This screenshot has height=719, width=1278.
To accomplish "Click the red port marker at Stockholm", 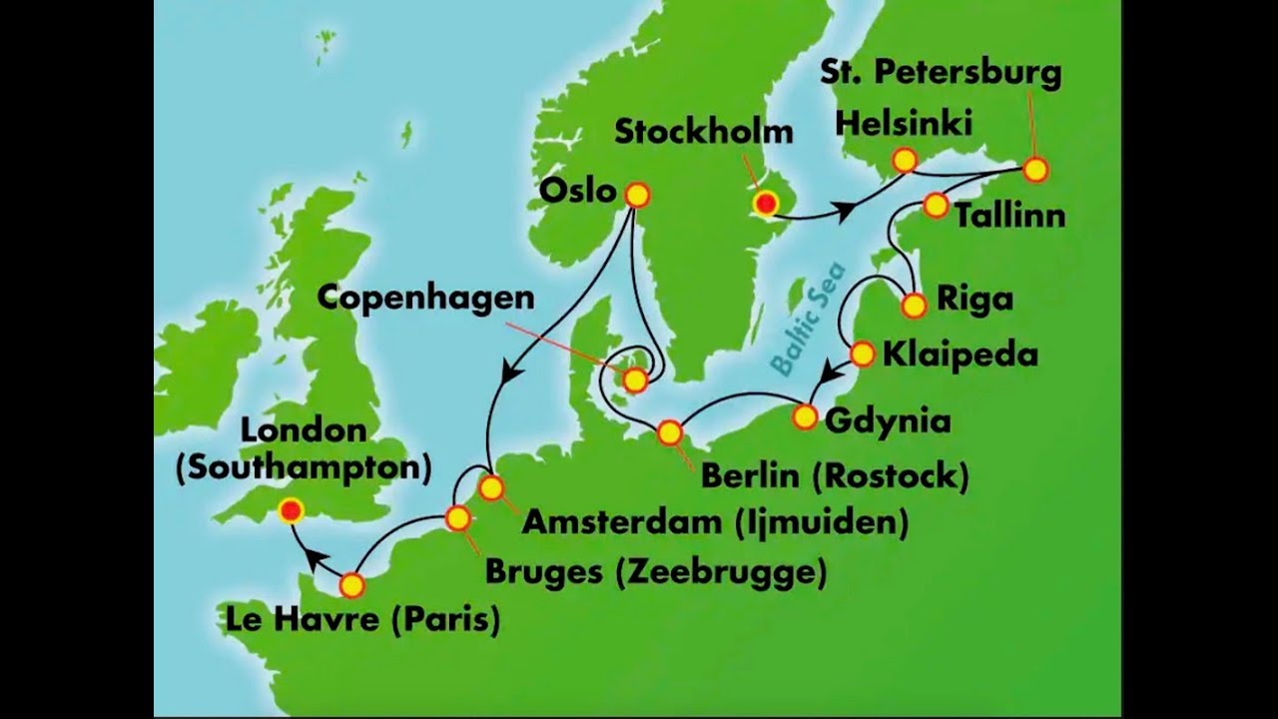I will click(766, 205).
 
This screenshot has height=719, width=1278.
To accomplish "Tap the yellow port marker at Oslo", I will click(636, 195).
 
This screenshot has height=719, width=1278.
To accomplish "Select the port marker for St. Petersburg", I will click(1035, 171).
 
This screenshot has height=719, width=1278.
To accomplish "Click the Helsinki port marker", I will click(905, 160).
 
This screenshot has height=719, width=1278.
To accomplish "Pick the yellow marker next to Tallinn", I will click(936, 206).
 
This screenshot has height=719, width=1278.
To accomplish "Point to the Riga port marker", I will click(914, 306).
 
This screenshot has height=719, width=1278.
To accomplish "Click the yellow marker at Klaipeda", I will click(863, 354).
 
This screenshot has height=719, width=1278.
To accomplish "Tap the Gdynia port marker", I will click(805, 417).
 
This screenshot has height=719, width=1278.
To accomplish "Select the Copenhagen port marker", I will click(635, 379).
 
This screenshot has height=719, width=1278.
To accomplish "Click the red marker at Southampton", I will click(291, 511).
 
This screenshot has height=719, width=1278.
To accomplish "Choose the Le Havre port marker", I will click(351, 585).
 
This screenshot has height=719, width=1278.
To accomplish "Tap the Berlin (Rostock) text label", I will click(835, 476).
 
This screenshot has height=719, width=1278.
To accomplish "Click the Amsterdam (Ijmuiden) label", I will click(715, 522).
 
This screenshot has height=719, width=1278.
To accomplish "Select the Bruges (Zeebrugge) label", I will click(655, 572).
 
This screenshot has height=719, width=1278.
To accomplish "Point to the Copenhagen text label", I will click(426, 297).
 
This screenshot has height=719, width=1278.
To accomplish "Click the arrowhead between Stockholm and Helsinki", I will click(845, 212).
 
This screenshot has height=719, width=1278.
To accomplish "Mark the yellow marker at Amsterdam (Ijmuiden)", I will click(490, 488).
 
